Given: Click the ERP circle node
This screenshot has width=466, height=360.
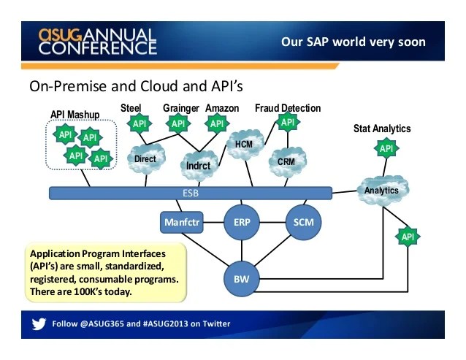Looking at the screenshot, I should [x=242, y=221].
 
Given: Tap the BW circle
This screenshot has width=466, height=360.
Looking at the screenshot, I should [x=242, y=278].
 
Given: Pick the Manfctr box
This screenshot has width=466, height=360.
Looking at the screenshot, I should [x=181, y=221].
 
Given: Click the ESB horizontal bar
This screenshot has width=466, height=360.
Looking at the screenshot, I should [x=190, y=194].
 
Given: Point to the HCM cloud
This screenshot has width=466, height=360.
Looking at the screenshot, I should [x=243, y=144].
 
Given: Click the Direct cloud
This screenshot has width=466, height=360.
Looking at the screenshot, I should [x=145, y=159].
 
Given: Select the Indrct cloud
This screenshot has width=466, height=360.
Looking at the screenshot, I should [x=198, y=165].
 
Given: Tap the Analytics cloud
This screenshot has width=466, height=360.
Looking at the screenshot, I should [x=381, y=191].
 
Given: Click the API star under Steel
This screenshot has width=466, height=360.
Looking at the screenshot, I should [x=140, y=123].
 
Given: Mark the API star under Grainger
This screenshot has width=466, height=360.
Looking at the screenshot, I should [x=179, y=123].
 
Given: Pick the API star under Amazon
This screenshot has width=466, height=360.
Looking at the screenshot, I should [x=217, y=123].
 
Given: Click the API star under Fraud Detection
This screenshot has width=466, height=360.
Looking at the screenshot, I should [x=288, y=122].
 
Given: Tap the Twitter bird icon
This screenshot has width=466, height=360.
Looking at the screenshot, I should [x=39, y=323].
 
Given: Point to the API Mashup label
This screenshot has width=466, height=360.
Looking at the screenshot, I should [x=78, y=115].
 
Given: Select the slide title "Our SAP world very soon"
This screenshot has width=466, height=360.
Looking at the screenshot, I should [x=353, y=42].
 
